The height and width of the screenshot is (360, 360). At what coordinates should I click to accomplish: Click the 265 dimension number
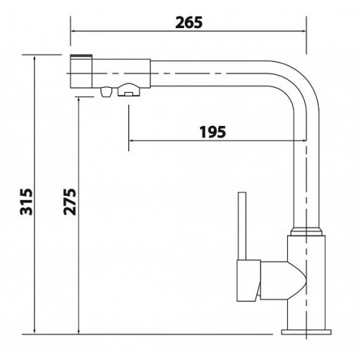(x=189, y=23)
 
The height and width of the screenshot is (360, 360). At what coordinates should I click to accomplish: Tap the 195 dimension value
(x=213, y=132)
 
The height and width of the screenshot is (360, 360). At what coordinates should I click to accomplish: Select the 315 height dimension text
(x=26, y=202)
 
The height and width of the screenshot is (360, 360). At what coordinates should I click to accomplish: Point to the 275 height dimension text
(x=70, y=202)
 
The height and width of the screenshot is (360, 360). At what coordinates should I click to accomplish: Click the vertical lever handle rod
(x=242, y=226)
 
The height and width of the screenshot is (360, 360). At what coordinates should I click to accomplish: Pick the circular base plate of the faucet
(x=306, y=332)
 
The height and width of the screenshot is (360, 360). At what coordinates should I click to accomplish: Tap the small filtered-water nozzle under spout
(x=106, y=91)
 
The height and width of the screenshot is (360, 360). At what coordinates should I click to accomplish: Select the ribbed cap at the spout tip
(x=81, y=57)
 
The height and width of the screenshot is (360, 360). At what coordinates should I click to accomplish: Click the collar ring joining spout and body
(x=306, y=231)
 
